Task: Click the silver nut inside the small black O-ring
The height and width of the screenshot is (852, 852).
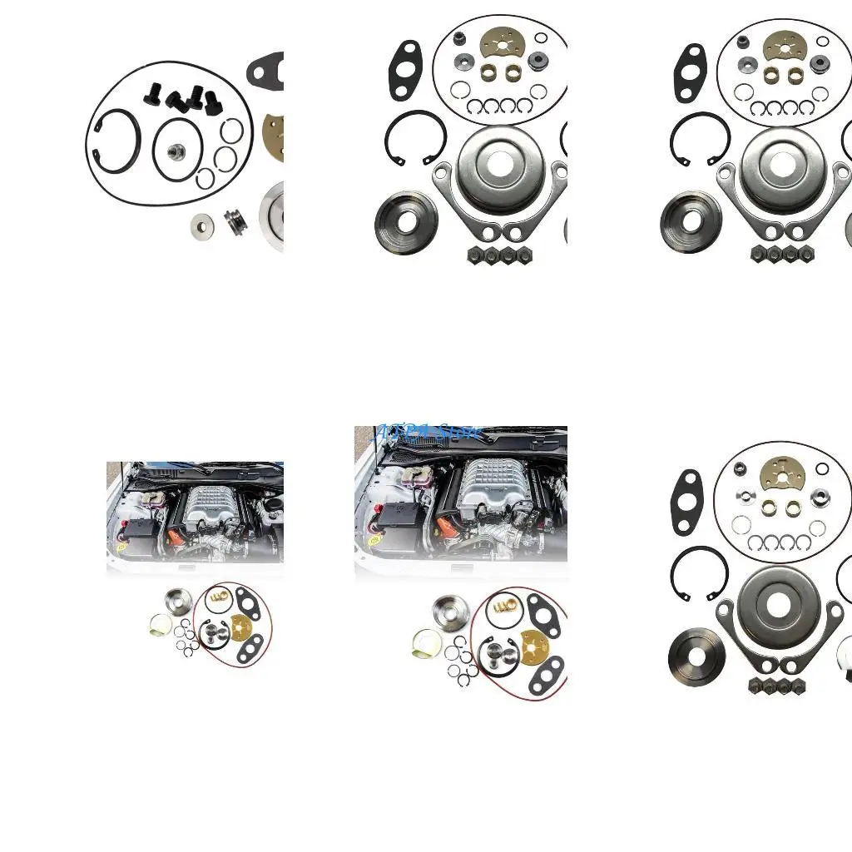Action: [x=176, y=151]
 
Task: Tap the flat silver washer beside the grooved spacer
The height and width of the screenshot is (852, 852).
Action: [x=201, y=225]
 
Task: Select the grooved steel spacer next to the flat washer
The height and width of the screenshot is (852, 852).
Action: [x=233, y=221]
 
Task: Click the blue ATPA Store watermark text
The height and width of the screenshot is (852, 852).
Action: [x=428, y=432]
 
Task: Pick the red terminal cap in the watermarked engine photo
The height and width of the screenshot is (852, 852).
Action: [x=379, y=507]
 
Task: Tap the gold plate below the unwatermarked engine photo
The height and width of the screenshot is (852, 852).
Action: [x=242, y=626]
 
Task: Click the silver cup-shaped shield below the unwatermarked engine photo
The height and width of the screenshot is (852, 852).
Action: [x=177, y=599]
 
